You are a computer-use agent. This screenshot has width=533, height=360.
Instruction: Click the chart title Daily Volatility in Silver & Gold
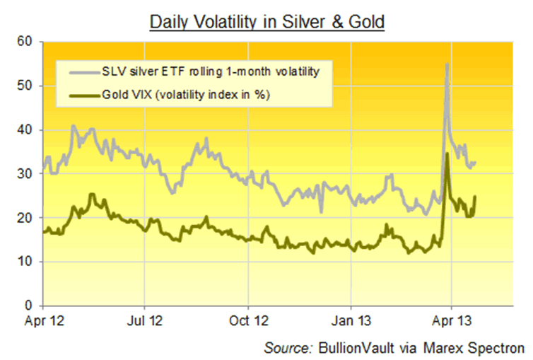266,22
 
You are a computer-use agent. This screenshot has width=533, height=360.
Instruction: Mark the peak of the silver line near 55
447,64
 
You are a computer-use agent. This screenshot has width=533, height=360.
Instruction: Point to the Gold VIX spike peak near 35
447,153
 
